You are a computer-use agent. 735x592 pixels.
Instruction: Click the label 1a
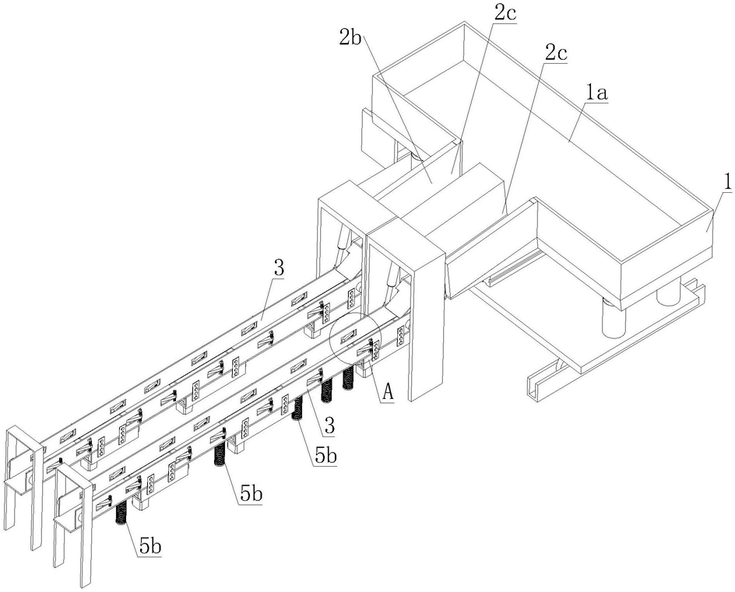(x=596, y=93)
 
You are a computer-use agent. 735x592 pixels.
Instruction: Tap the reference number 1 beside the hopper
(x=726, y=183)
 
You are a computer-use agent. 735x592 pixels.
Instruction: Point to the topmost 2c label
(x=505, y=13)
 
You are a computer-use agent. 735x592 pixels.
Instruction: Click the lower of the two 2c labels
(x=556, y=54)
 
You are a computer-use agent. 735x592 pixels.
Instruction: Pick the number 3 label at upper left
(x=279, y=268)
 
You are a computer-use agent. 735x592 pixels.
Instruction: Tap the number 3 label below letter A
(x=329, y=426)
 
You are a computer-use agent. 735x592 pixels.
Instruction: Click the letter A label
(x=388, y=391)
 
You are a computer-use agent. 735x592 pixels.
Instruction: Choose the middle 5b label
(x=251, y=494)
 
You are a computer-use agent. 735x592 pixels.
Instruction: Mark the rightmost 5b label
(x=325, y=455)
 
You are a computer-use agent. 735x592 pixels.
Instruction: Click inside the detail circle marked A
(x=353, y=337)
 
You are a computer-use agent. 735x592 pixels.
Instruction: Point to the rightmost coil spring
(x=348, y=378)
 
